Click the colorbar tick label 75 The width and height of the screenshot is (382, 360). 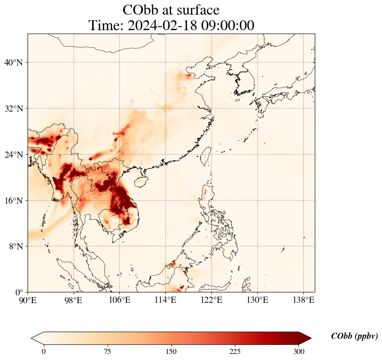(x=108, y=351)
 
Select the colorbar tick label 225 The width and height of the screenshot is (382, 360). (x=235, y=351)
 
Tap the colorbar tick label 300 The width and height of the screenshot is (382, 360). (x=299, y=351)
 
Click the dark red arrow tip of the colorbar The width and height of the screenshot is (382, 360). (x=307, y=338)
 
